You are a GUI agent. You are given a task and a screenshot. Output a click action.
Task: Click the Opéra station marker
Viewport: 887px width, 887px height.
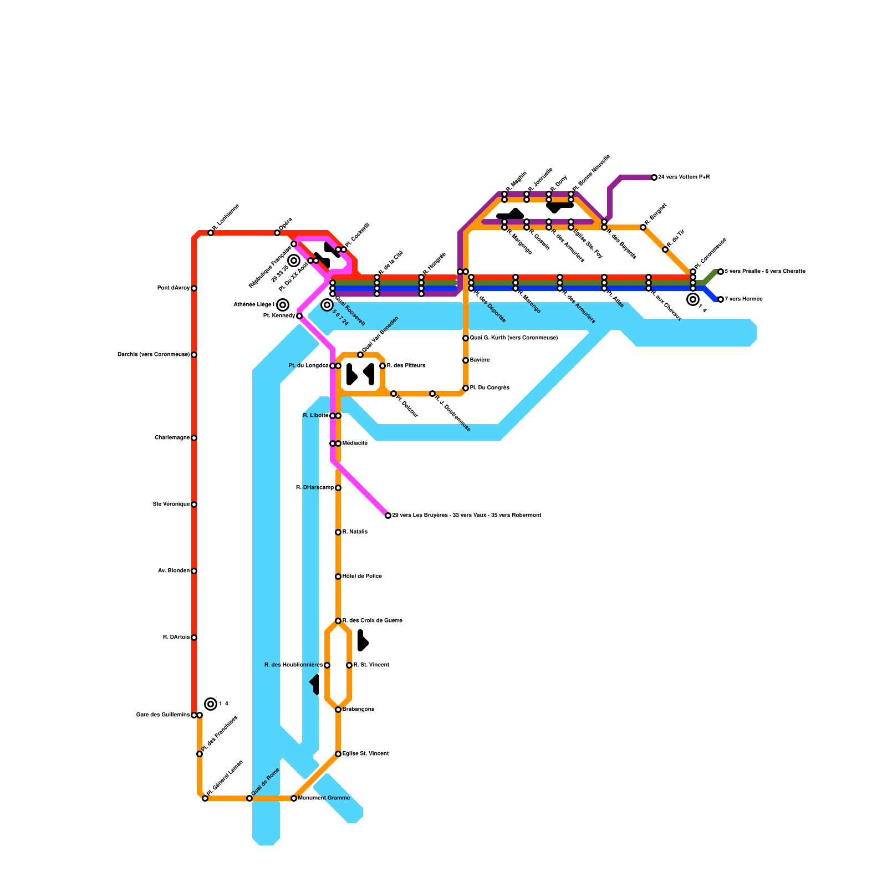[277, 233]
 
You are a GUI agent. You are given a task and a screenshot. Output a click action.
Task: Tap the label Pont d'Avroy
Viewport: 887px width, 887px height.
[173, 288]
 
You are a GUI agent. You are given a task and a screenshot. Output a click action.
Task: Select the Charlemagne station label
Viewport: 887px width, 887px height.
[172, 438]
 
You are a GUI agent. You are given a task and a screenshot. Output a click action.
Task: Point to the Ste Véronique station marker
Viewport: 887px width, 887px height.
[194, 504]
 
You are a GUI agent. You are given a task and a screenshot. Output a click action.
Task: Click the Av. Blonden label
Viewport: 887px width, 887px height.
[174, 571]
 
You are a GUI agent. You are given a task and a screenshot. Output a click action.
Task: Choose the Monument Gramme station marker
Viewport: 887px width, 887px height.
[294, 798]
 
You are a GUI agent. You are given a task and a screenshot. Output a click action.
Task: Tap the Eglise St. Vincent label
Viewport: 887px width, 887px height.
[365, 754]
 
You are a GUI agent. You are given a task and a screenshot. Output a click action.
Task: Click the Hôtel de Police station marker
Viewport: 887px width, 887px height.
[338, 577]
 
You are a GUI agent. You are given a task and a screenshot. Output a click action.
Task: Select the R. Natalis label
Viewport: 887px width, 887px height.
[355, 532]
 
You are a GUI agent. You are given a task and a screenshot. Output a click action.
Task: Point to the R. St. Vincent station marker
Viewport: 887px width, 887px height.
[349, 665]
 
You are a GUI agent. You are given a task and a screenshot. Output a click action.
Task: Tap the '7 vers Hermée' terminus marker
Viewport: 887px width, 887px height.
[721, 299]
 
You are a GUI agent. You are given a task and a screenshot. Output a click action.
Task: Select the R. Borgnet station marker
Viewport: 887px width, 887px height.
[643, 227]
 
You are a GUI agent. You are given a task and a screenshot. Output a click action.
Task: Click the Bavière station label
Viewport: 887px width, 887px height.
[480, 360]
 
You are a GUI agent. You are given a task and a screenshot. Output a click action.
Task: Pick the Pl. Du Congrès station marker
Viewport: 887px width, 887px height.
[466, 388]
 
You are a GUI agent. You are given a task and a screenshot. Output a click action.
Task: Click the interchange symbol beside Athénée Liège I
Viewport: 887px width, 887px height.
[283, 305]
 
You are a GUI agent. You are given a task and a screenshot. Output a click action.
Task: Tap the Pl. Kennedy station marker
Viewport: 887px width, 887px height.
[299, 316]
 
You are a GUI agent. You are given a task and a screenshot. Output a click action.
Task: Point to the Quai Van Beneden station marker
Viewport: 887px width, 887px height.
[360, 355]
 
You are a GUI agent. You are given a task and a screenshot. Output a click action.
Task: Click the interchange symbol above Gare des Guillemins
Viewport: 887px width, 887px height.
[211, 704]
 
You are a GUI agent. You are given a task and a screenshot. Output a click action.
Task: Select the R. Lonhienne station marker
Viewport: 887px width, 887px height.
[211, 233]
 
